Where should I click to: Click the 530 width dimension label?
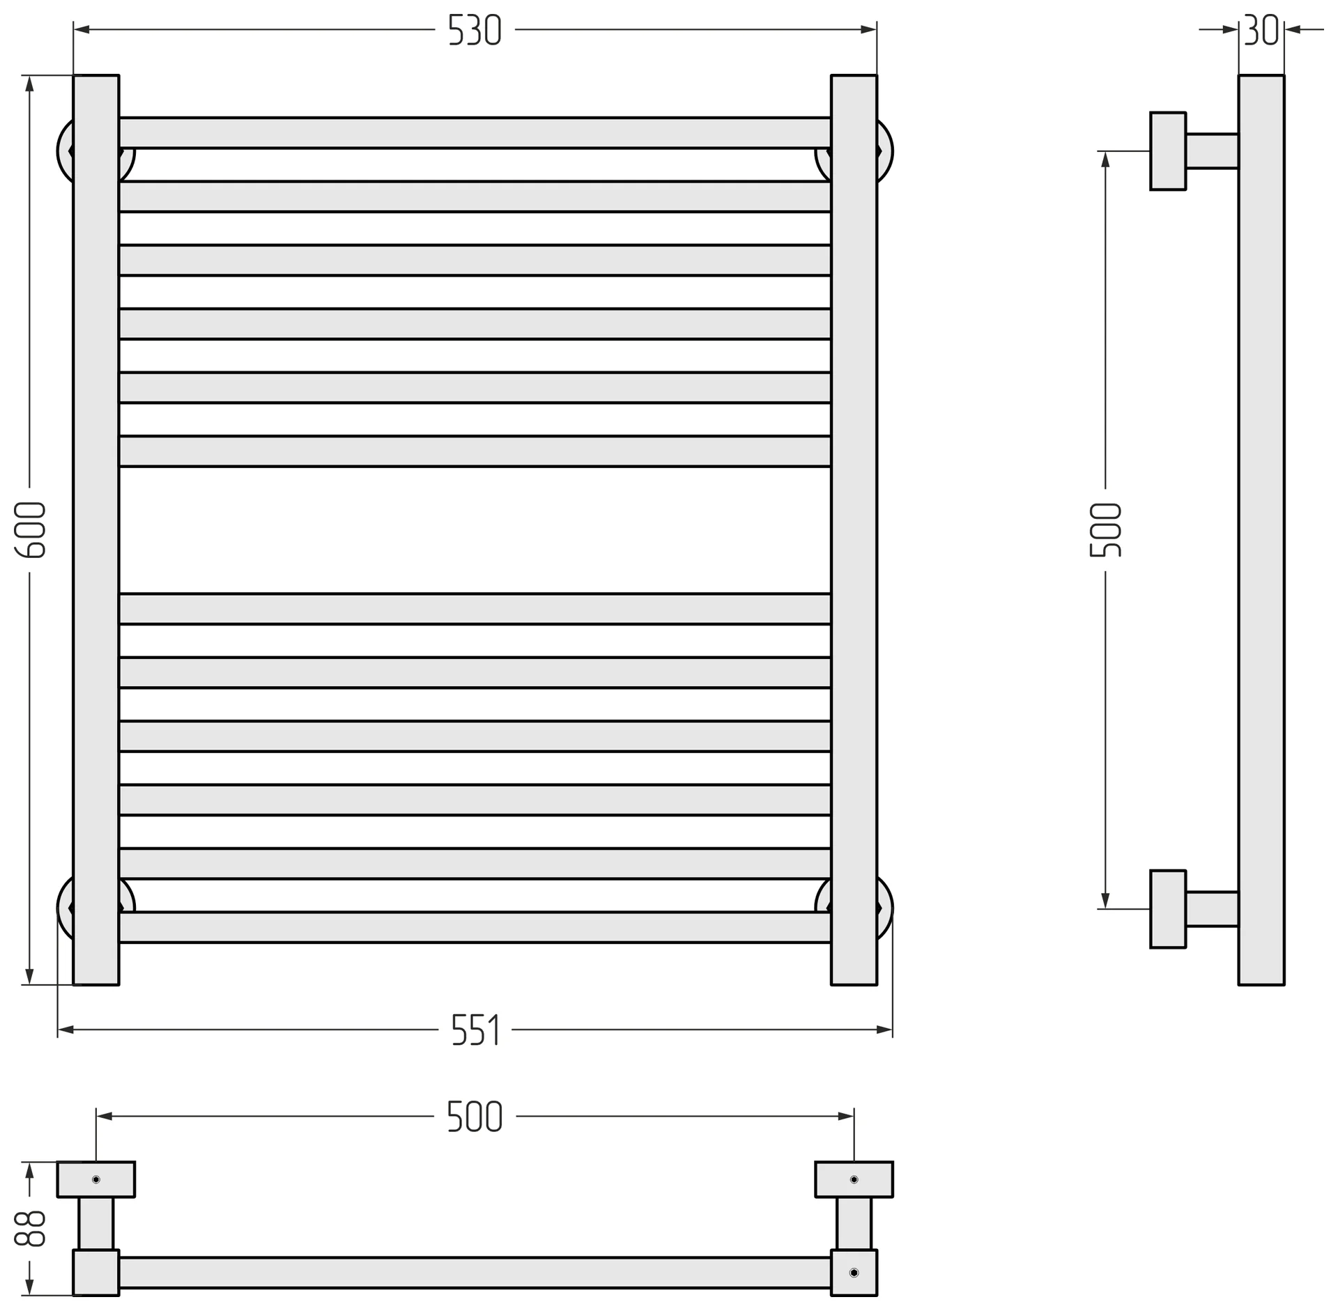click(x=475, y=31)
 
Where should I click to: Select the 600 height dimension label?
click(x=30, y=530)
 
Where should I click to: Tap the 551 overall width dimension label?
click(x=476, y=1030)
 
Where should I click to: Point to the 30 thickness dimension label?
click(x=1261, y=30)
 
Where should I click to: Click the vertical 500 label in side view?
click(x=1105, y=530)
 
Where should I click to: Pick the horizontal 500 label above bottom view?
click(x=475, y=1117)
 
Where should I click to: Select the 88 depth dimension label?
click(x=30, y=1229)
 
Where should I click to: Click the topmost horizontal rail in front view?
click(x=475, y=133)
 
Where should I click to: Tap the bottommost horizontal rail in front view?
click(x=475, y=927)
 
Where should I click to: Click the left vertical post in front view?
click(x=96, y=530)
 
